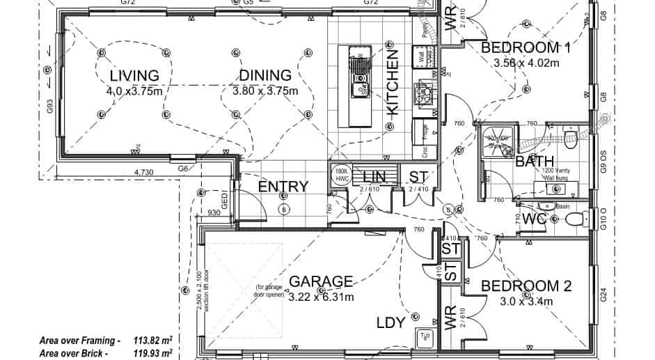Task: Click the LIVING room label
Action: point(134,75)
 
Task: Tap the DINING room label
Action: point(265,75)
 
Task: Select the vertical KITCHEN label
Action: point(392,82)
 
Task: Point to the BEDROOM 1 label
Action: point(526,47)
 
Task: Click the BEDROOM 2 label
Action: point(527,286)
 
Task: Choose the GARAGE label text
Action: point(321,281)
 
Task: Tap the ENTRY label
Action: point(283,187)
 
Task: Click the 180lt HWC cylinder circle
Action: point(341,175)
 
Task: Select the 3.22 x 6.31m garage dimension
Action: point(321,297)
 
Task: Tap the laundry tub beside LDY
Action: point(425,338)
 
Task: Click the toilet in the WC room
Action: point(574,219)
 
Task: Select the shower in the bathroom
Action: point(497,142)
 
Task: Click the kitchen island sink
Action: point(360,66)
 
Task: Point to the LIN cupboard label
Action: point(374,176)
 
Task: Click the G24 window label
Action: point(603,295)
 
